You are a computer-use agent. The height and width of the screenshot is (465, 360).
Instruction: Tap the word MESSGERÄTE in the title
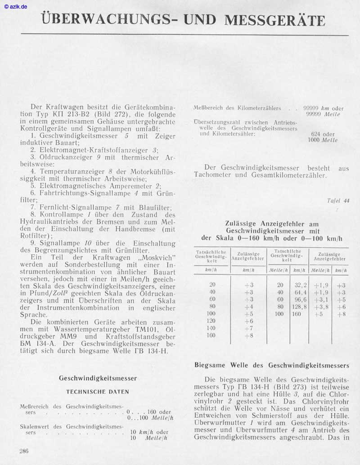tap(274, 20)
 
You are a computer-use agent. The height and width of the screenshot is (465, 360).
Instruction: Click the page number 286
tap(24, 451)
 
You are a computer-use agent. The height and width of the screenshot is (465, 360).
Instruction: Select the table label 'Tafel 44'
tap(338, 201)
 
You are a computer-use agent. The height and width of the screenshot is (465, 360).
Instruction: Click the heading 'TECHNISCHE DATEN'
tap(98, 392)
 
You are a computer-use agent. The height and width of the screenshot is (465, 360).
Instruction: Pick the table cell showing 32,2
tap(300, 285)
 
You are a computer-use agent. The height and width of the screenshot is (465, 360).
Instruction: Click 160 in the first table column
tap(211, 335)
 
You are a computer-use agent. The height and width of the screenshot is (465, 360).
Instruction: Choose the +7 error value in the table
tap(248, 328)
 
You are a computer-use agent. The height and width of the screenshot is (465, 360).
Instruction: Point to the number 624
tap(316, 134)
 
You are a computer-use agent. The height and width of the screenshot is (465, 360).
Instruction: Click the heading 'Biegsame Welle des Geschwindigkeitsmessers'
tap(272, 365)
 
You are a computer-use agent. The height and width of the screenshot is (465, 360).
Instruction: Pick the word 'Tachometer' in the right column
tap(215, 175)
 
